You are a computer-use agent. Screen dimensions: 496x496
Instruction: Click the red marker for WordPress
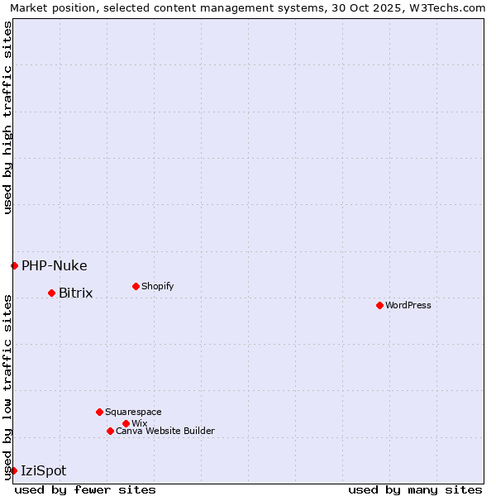point(379,305)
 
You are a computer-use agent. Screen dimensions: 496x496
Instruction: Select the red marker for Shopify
point(136,286)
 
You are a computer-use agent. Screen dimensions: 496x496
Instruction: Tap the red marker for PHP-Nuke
point(14,265)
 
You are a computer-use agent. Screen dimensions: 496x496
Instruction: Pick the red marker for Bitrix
point(51,293)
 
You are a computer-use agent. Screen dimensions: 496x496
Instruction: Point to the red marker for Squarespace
point(99,412)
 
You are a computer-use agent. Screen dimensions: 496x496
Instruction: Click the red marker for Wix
point(126,423)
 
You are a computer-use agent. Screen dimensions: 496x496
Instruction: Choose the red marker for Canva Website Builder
point(110,431)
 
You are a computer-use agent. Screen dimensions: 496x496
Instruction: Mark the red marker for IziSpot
point(13,470)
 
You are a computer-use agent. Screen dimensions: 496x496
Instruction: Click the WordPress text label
point(408,305)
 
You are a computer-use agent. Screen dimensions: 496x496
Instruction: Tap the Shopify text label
point(158,286)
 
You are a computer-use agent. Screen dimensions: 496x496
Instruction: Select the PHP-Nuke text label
point(55,265)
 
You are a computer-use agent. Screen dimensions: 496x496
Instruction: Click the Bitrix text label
point(76,293)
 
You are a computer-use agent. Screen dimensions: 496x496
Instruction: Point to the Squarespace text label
point(133,412)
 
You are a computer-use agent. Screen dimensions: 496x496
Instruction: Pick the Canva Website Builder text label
point(165,431)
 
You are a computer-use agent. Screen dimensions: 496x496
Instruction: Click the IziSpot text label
point(44,470)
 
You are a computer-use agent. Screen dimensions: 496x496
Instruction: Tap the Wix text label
point(140,423)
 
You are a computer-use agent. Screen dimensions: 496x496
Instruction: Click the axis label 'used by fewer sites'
point(85,489)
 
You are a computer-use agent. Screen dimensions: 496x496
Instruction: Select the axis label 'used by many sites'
point(415,489)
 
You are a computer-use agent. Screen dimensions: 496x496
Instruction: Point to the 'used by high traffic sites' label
point(7,117)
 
